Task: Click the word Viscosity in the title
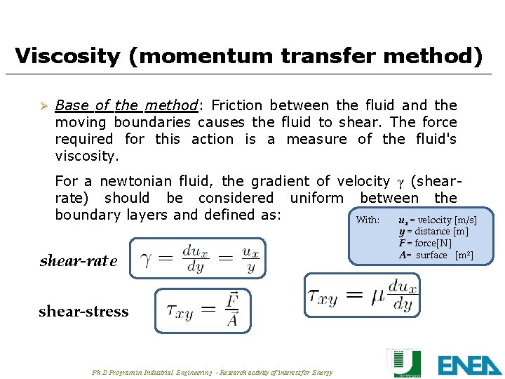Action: [x=67, y=55]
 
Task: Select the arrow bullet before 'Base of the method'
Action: [x=42, y=106]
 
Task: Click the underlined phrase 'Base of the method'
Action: [x=126, y=106]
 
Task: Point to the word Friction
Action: [x=236, y=106]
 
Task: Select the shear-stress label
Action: [x=83, y=312]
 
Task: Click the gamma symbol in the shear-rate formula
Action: [x=147, y=260]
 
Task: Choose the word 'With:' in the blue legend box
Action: [x=368, y=220]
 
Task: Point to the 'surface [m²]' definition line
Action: [x=436, y=255]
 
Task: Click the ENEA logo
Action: [x=469, y=364]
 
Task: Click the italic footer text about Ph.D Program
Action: [x=212, y=372]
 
